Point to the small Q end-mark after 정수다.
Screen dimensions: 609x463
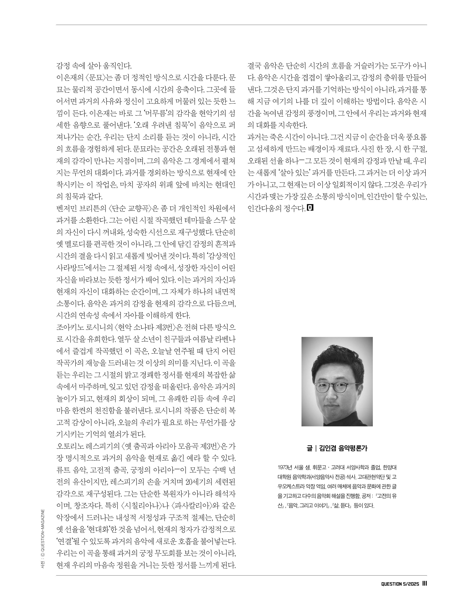pyautogui.click(x=310, y=207)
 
